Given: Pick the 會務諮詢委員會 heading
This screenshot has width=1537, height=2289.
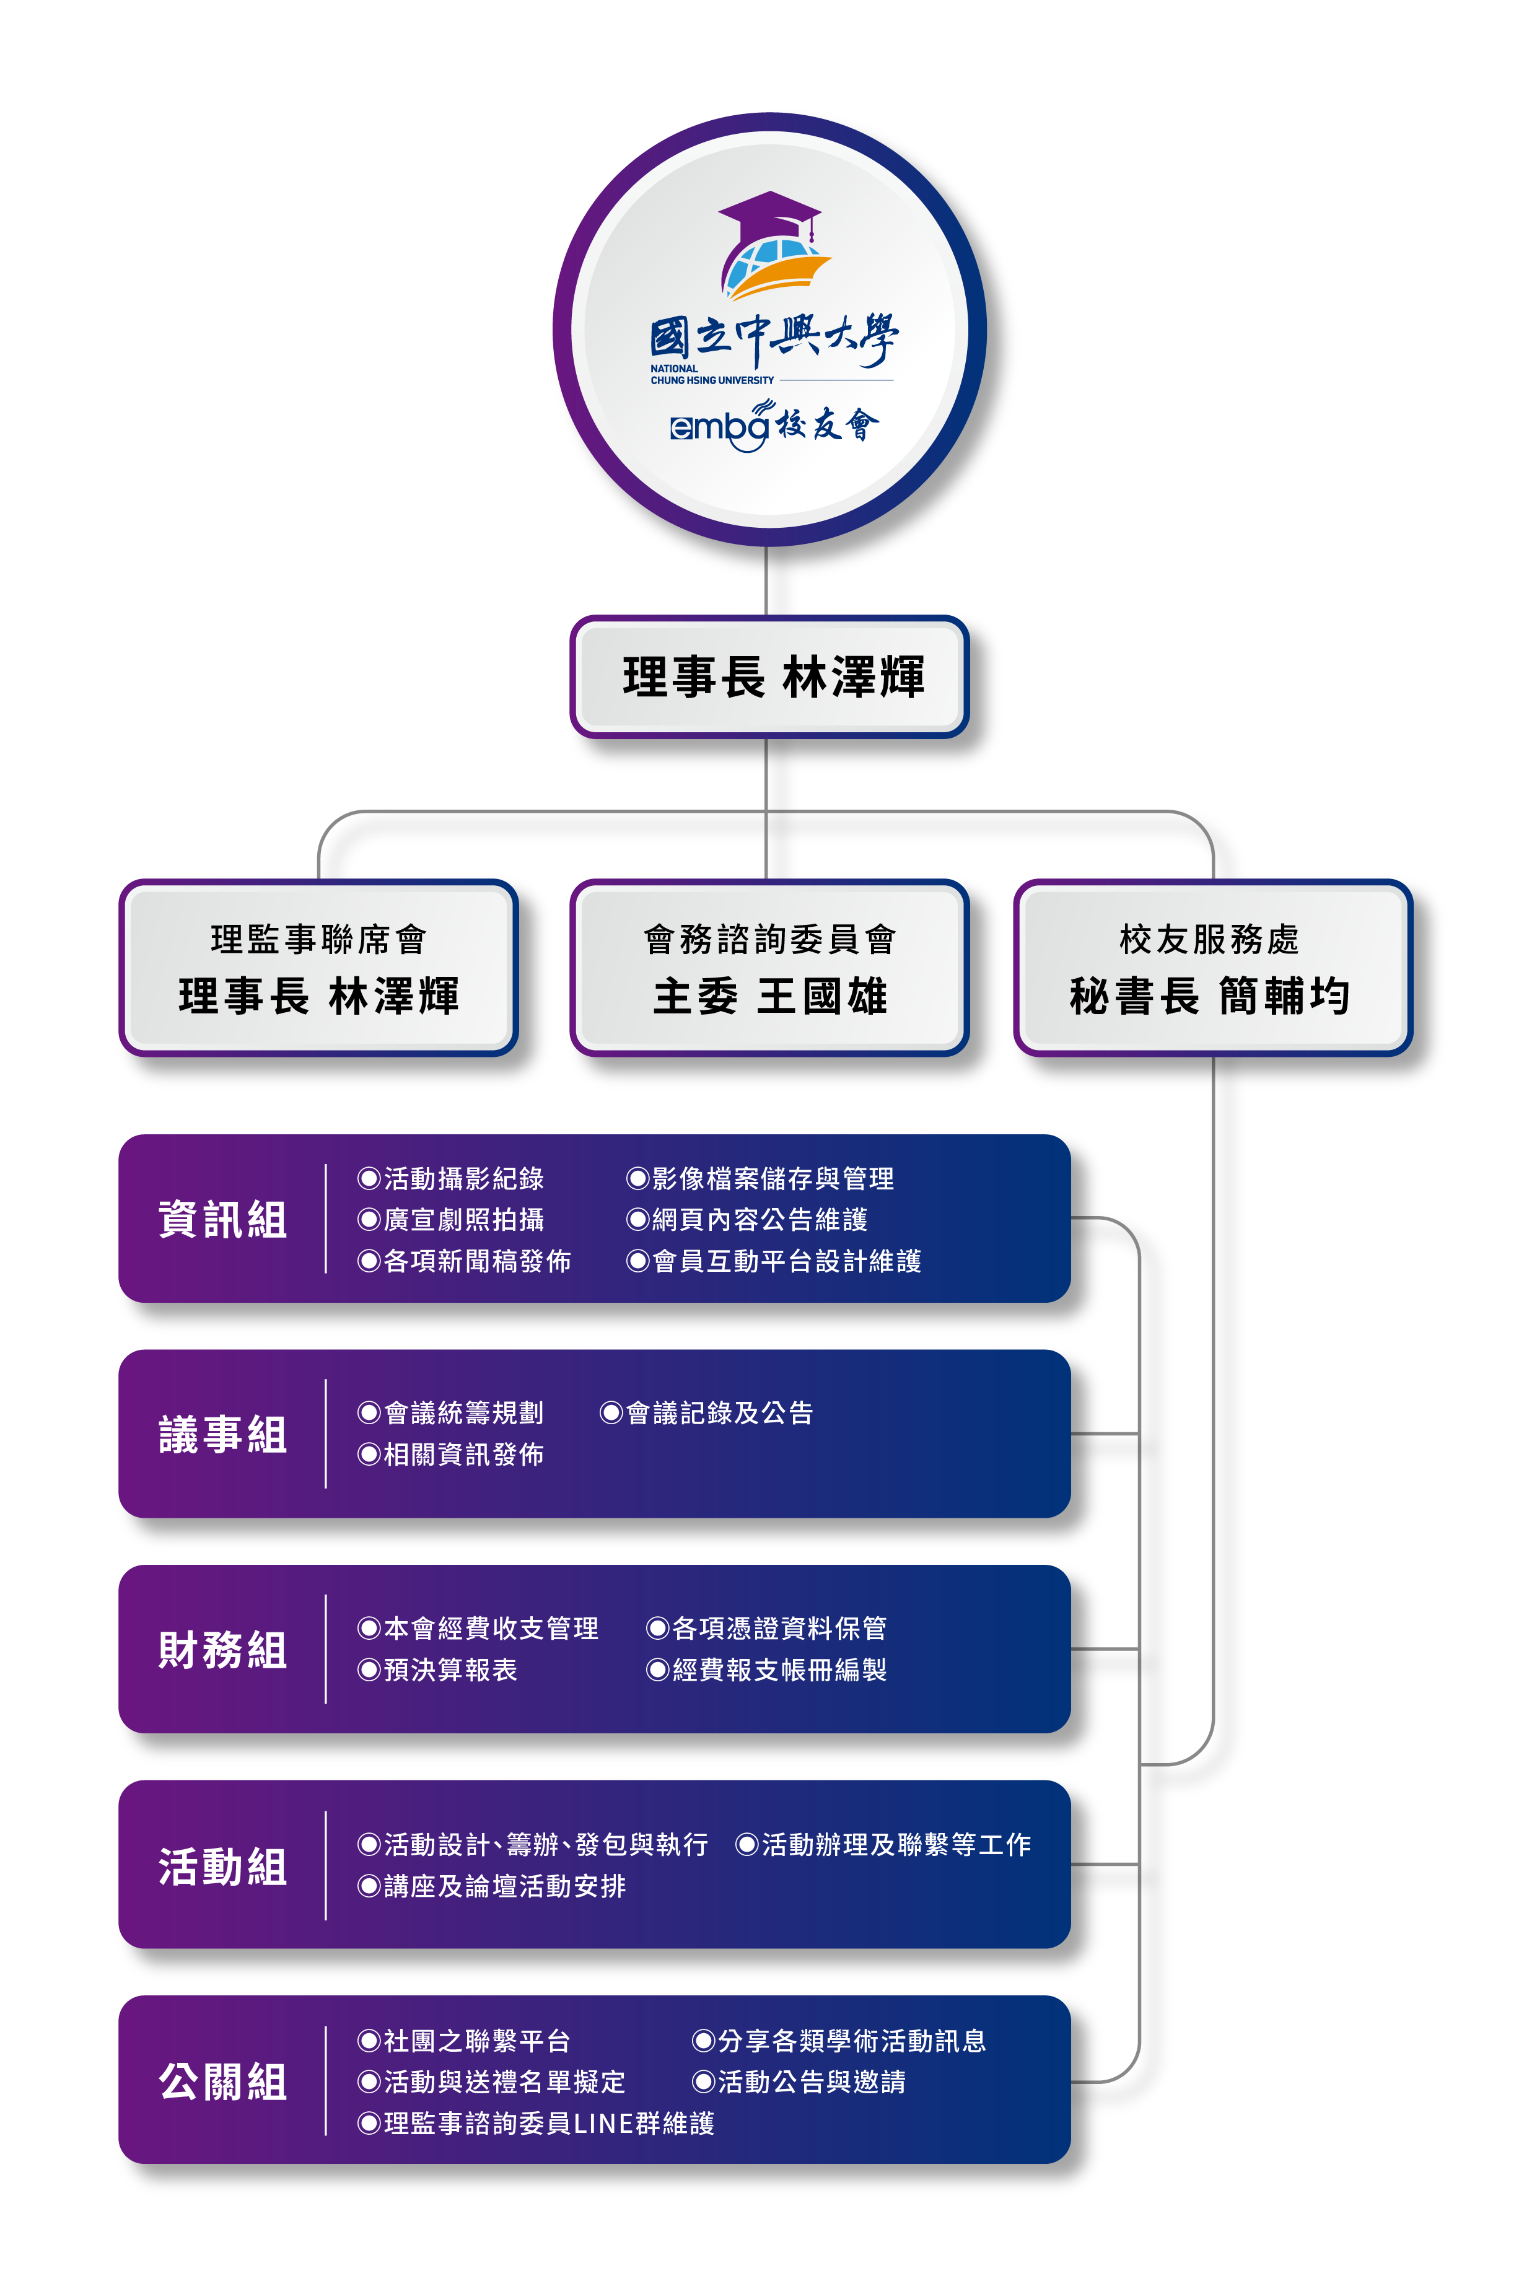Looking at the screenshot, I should tap(769, 939).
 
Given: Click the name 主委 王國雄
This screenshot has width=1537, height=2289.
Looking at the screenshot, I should tap(769, 997).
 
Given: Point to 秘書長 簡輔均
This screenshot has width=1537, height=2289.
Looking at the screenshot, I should tap(1210, 997).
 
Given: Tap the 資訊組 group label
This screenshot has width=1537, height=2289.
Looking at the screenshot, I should tap(222, 1220).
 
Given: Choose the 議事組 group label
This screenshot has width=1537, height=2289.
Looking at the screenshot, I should tap(222, 1434).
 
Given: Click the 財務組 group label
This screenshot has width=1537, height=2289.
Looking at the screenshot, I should tap(222, 1650).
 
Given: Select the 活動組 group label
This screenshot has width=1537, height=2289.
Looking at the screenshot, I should tap(222, 1865).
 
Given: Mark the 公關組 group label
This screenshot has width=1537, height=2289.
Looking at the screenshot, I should tap(222, 2081).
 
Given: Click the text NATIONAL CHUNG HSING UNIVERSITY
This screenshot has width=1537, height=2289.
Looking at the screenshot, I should tap(712, 374).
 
